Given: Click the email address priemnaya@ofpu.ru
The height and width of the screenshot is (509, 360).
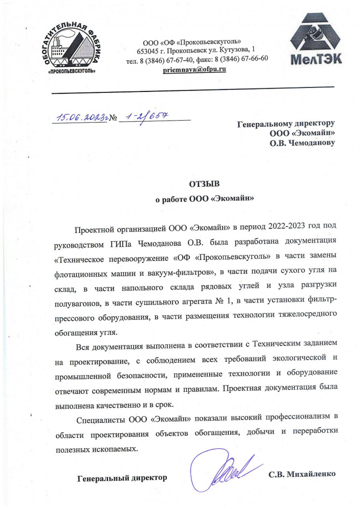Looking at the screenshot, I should (194, 69).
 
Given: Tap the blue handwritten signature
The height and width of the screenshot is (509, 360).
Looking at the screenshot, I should (225, 470).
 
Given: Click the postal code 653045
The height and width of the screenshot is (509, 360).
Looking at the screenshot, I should (148, 50).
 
